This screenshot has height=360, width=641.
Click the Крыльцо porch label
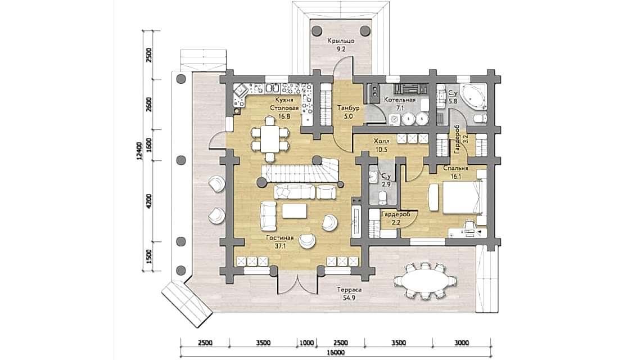341,41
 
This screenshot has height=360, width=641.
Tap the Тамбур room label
348,108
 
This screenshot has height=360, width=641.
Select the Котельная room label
400,100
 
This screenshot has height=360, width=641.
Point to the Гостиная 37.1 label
280,242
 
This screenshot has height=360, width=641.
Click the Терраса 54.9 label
349,293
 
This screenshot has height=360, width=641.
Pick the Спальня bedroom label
456,168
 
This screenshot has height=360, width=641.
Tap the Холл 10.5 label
381,145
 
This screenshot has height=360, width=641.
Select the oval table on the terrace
425,281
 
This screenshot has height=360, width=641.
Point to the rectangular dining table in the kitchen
269,139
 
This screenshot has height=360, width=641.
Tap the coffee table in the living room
294,211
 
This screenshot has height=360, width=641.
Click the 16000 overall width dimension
336,353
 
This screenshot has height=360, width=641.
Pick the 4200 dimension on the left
149,201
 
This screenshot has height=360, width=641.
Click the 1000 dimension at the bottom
306,343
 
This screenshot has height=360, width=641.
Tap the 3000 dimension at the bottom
462,343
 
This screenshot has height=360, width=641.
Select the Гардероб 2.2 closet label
396,218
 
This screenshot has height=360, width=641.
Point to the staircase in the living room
301,172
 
